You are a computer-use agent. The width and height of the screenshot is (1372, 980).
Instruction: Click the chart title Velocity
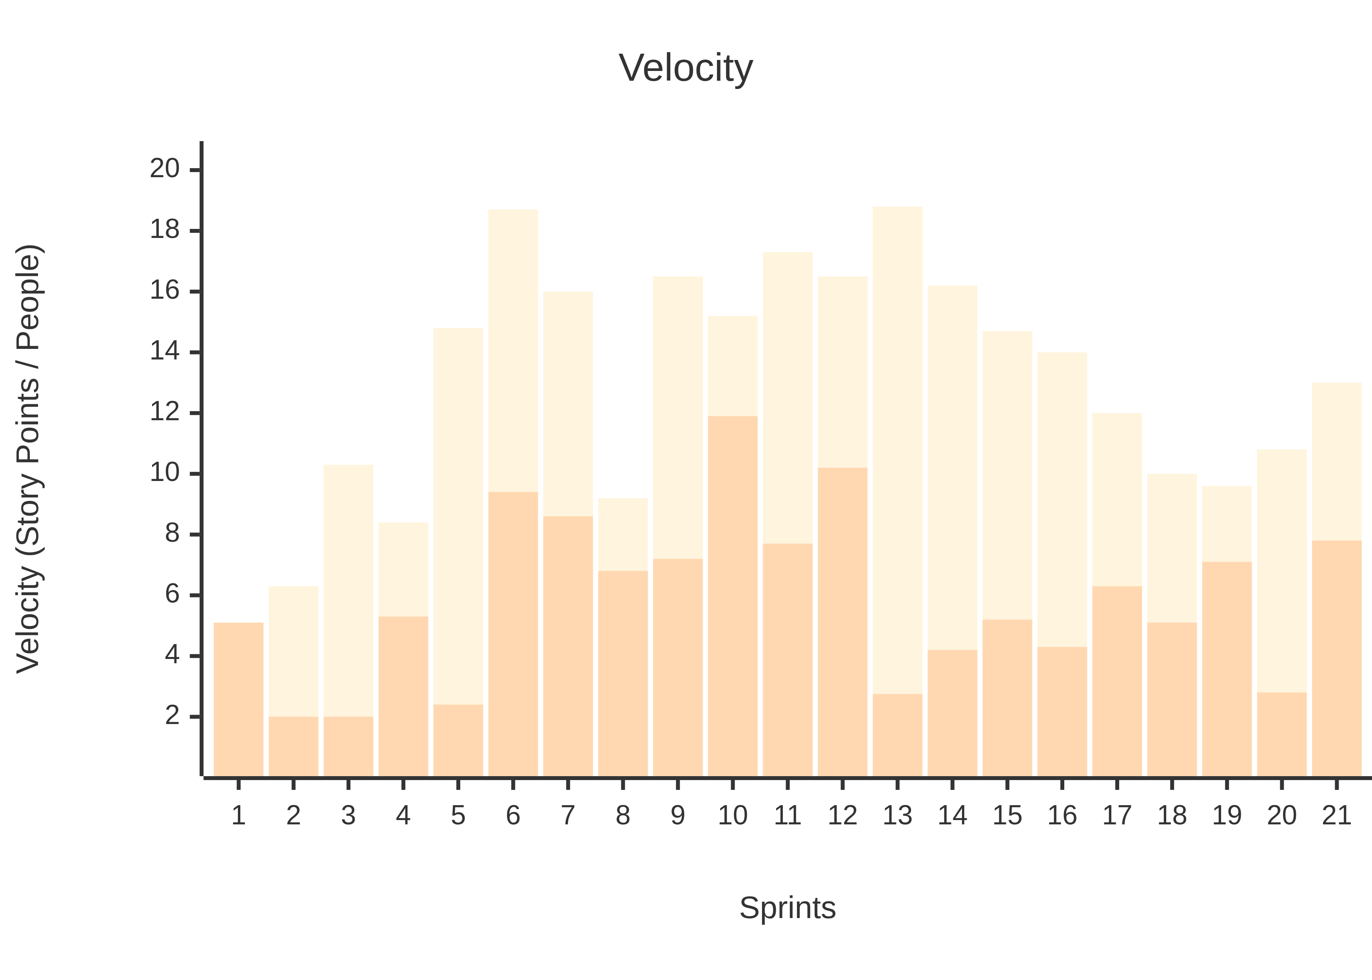pyautogui.click(x=686, y=68)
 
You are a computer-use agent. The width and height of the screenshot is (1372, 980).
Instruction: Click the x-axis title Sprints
pyautogui.click(x=788, y=908)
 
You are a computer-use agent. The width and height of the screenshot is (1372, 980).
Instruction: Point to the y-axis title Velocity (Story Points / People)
pyautogui.click(x=28, y=459)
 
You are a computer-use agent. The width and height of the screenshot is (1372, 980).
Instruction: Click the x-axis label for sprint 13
pyautogui.click(x=897, y=816)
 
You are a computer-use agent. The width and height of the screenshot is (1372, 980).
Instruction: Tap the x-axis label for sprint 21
pyautogui.click(x=1336, y=816)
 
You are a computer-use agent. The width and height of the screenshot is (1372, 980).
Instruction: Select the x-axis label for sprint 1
pyautogui.click(x=238, y=816)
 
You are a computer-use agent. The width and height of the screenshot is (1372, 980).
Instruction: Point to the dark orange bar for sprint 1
pyautogui.click(x=238, y=699)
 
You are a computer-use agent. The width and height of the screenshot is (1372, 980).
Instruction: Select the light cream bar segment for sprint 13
pyautogui.click(x=897, y=450)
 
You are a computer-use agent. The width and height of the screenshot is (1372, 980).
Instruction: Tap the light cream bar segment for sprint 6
pyautogui.click(x=513, y=350)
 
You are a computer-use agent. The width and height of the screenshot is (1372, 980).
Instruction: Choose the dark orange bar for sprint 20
pyautogui.click(x=1281, y=734)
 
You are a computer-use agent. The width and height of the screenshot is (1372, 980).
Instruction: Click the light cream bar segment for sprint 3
pyautogui.click(x=348, y=591)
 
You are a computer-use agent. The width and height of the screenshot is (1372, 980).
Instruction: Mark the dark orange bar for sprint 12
pyautogui.click(x=842, y=622)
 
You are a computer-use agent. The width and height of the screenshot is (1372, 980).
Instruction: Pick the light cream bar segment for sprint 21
pyautogui.click(x=1336, y=462)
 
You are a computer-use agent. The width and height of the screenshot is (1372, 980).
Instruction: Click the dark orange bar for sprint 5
pyautogui.click(x=458, y=740)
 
